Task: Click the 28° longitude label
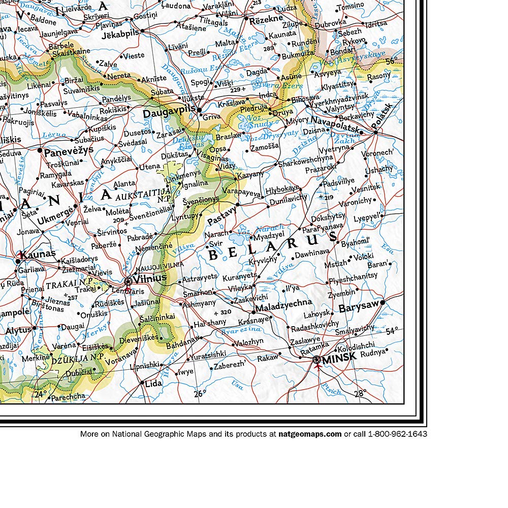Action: point(360,393)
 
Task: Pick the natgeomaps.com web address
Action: point(310,434)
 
